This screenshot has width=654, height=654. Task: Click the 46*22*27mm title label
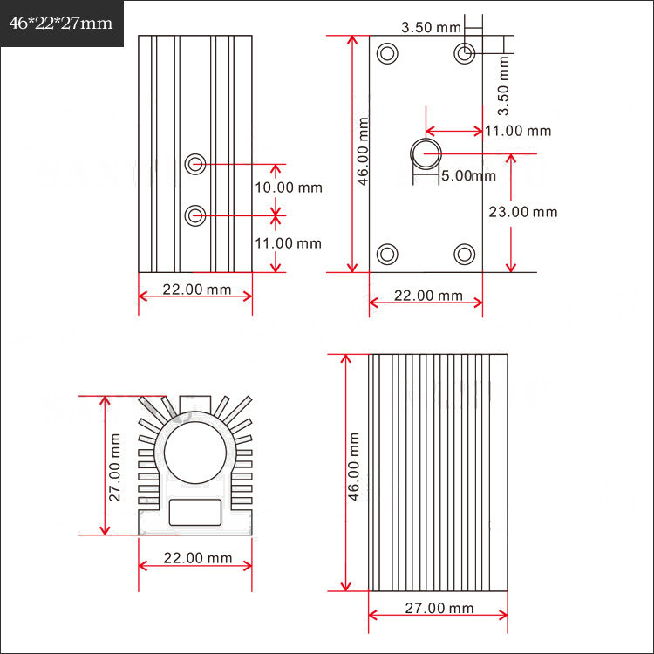point(61,23)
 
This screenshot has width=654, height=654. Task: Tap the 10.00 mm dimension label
point(289,187)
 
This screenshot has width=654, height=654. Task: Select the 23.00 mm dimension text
point(523,212)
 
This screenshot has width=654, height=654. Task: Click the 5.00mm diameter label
point(469,175)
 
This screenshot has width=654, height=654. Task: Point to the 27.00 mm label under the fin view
point(439,608)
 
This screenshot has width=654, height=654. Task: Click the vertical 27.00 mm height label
point(114,467)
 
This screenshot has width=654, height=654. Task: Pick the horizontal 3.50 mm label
point(431,28)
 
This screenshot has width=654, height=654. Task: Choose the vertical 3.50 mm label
point(503,85)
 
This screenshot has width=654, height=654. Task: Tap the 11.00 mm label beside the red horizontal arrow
point(518,131)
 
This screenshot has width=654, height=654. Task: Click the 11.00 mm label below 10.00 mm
point(289,243)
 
